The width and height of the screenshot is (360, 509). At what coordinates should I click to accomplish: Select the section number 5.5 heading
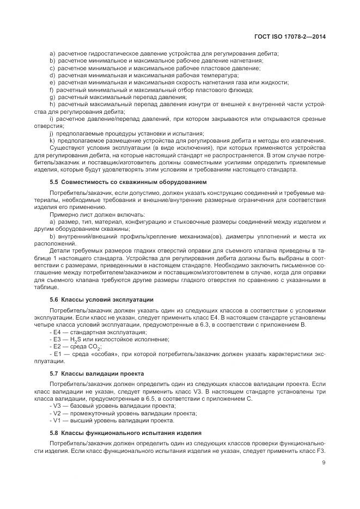[54, 181]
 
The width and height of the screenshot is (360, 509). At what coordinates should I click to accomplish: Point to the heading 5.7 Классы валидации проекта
[96, 373]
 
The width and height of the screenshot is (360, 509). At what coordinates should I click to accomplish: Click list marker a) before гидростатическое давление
[52, 53]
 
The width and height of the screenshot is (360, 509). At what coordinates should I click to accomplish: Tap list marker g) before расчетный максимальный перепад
[52, 96]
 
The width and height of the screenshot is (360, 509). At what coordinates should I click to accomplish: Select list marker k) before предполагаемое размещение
[52, 140]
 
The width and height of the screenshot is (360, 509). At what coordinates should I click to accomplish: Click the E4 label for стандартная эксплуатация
[57, 332]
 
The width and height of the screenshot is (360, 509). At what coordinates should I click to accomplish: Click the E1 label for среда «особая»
[57, 354]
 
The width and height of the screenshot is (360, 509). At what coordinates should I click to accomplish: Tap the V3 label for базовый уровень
[57, 406]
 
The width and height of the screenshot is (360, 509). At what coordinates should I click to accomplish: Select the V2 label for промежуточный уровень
[57, 413]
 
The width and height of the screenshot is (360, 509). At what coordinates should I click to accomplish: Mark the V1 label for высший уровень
[57, 420]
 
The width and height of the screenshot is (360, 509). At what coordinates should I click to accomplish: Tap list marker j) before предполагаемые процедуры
[52, 133]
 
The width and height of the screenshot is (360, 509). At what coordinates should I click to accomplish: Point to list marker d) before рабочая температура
[52, 75]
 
